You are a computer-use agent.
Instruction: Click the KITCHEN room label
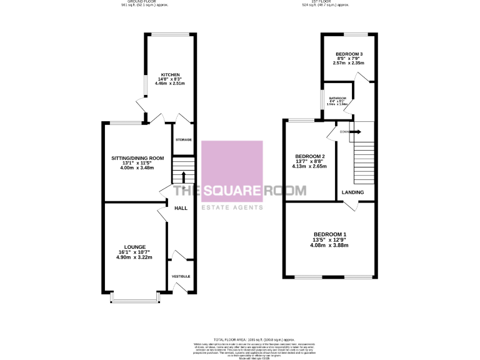tap(170, 75)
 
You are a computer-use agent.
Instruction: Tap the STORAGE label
tap(183, 139)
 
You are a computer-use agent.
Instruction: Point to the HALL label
tap(181, 208)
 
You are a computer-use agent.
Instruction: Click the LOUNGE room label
tap(134, 247)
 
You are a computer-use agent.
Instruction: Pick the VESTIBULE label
tap(181, 276)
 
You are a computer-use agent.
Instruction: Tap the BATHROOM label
tap(337, 99)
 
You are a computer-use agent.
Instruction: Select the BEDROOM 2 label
tap(310, 156)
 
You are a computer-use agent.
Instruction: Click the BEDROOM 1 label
tap(330, 235)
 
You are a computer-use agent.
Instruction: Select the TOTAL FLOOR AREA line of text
tap(240, 337)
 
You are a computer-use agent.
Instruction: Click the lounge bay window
tap(134, 302)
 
